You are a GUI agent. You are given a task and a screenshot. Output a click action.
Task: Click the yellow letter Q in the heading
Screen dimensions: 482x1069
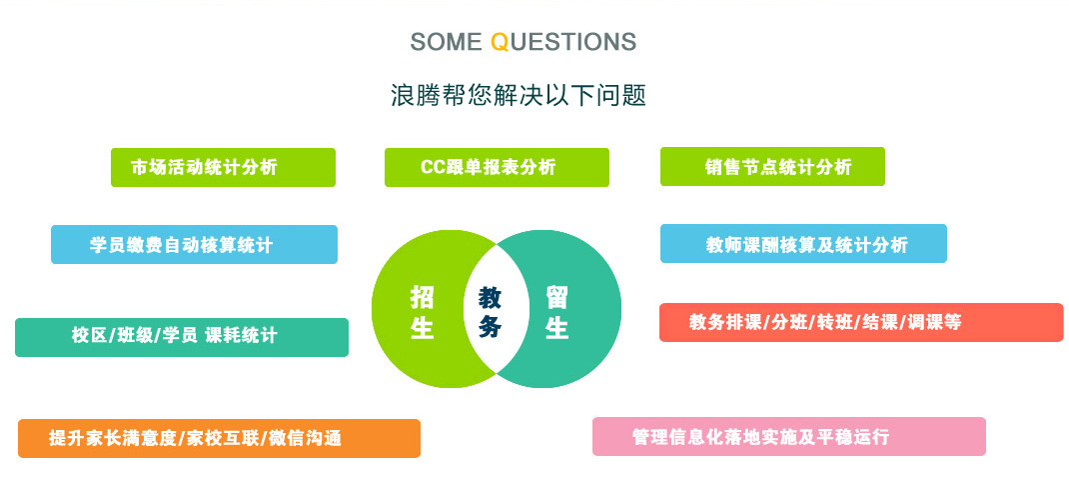click(499, 42)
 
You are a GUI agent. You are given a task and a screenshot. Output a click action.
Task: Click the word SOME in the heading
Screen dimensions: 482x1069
click(446, 42)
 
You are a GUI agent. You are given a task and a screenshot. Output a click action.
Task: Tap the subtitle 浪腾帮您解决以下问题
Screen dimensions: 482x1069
click(519, 95)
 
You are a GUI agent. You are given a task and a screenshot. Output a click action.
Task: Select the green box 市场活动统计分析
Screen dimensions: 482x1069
click(223, 167)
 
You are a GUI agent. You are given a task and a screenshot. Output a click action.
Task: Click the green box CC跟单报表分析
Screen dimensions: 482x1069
click(497, 167)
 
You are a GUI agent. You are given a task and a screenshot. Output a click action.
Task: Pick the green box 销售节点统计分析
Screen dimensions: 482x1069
click(772, 166)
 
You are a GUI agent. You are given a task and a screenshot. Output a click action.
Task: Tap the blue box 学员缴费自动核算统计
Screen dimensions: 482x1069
click(194, 244)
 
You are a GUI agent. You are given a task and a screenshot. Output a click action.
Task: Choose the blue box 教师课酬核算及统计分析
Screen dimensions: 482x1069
click(803, 244)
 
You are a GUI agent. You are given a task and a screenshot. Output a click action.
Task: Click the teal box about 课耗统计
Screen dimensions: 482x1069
click(182, 337)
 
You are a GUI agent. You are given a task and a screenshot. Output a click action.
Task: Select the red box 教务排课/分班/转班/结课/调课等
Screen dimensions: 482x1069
click(861, 322)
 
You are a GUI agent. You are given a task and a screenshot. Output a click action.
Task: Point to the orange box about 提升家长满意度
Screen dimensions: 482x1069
click(219, 438)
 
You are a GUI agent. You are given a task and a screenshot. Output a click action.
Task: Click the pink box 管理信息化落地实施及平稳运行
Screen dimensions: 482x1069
click(789, 436)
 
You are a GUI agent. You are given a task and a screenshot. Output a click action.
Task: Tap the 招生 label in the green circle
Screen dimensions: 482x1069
click(422, 312)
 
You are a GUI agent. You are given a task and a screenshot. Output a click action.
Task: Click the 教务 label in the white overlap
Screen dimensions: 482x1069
click(490, 312)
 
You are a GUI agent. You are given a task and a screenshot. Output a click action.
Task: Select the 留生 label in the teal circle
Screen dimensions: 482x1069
click(556, 312)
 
